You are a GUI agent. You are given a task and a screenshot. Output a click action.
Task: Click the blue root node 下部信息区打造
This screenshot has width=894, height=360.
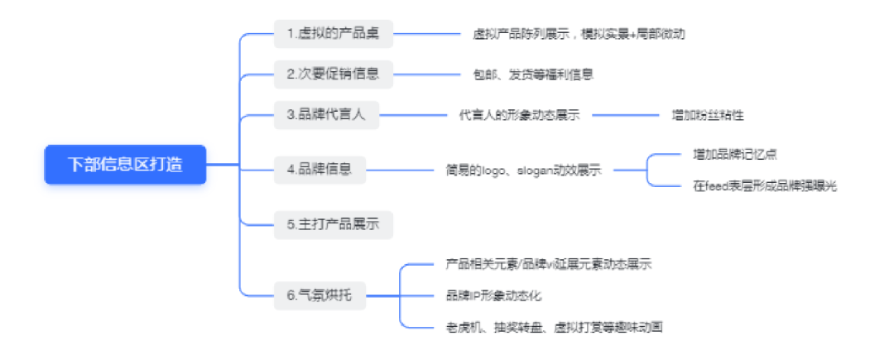(124, 165)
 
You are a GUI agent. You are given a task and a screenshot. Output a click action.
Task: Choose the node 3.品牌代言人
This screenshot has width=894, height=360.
(326, 115)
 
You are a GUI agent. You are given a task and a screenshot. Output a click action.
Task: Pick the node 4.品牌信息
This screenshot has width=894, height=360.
(320, 169)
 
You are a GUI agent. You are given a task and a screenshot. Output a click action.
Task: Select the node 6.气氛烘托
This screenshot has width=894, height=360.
(319, 295)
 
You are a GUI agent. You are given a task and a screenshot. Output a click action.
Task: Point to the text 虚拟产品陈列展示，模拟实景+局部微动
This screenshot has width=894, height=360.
(579, 34)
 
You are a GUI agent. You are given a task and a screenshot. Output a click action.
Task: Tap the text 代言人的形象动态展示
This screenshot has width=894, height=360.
(519, 115)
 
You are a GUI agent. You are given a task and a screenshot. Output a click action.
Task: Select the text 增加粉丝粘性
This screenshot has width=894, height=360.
(713, 115)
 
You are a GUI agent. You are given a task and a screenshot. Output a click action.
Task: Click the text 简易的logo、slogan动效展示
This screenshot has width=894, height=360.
(523, 170)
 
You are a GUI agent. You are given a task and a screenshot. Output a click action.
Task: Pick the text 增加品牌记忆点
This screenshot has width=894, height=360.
(734, 154)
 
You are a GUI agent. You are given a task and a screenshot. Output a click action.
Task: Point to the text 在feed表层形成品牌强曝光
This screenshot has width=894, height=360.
(765, 186)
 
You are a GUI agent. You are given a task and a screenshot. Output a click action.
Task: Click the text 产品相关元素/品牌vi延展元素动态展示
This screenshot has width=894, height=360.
(548, 264)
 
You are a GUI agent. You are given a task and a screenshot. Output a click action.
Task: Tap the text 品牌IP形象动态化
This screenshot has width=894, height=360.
(493, 295)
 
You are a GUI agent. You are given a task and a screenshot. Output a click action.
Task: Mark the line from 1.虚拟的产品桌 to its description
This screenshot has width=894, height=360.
(426, 34)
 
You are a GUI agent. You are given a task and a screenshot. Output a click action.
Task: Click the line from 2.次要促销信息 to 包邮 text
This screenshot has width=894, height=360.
(426, 74)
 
